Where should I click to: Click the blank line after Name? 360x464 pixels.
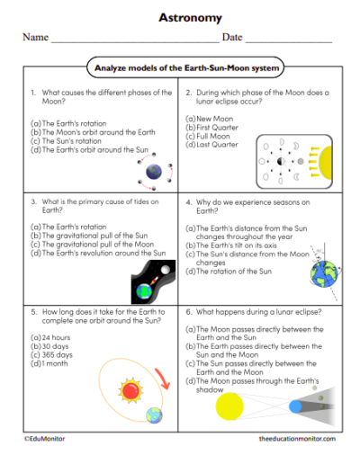click(x=134, y=41)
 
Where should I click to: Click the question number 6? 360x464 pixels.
click(x=188, y=312)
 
